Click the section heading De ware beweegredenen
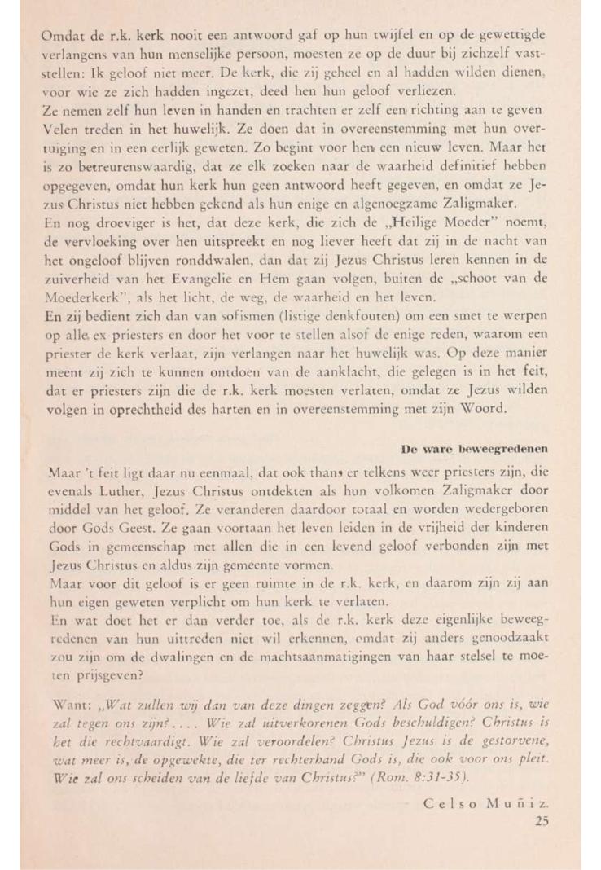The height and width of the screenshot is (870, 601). (475, 448)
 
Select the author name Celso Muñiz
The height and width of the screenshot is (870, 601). (487, 803)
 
